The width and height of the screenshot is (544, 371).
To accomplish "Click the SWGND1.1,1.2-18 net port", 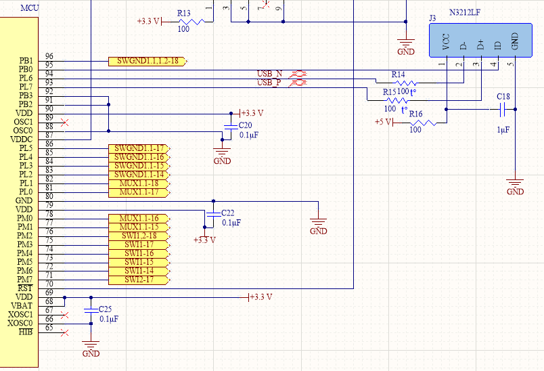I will [x=147, y=61].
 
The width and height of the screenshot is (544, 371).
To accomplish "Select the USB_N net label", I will [x=269, y=73].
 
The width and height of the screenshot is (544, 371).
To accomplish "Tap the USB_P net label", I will [x=269, y=83].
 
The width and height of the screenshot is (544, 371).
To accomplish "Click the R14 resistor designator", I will [x=398, y=74].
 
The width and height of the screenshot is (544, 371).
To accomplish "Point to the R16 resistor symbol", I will [x=423, y=123].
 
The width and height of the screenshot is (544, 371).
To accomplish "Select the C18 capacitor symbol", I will [x=503, y=108].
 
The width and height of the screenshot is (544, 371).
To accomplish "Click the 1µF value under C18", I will [x=503, y=129].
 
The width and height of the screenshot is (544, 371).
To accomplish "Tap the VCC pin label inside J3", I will [x=446, y=43].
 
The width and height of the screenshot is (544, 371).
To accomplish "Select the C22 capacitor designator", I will [x=227, y=213].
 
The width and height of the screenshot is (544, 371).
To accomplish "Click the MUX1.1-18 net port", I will [x=139, y=183].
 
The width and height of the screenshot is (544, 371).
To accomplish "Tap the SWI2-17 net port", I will [x=139, y=280].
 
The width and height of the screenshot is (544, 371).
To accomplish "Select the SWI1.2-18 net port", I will [x=139, y=236].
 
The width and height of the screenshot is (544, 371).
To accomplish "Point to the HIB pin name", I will [x=25, y=332].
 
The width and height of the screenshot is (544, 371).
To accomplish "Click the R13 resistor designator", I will [x=184, y=13].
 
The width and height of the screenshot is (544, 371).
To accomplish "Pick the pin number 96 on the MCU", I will [x=49, y=56].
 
